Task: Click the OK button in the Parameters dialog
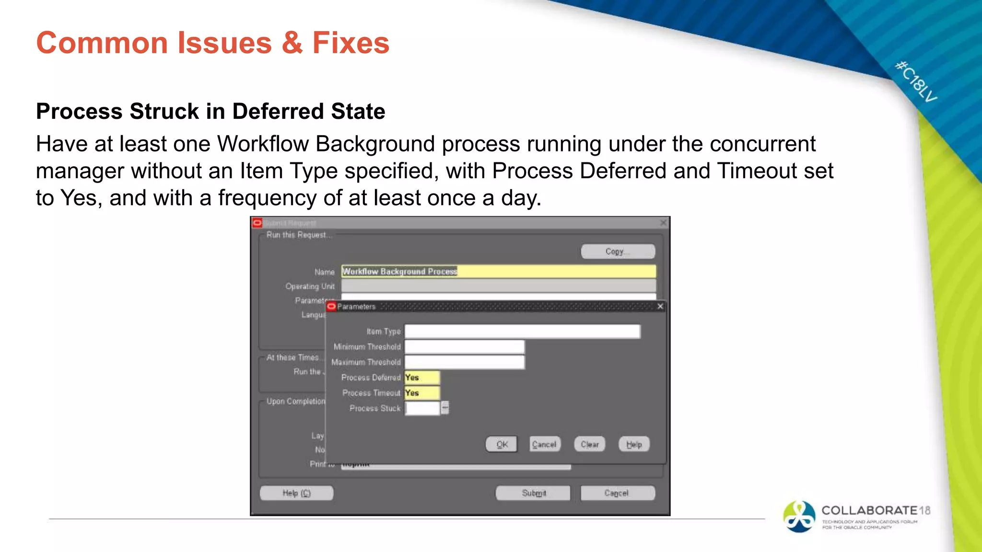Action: [502, 444]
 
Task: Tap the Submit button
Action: [533, 493]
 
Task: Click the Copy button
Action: [618, 252]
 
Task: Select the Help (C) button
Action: [296, 493]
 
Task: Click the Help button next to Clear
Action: [634, 444]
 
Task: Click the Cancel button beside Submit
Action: [617, 493]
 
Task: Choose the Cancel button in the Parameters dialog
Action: [544, 444]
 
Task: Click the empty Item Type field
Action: [522, 331]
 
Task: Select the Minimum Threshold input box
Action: [464, 346]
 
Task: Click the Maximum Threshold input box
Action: [464, 362]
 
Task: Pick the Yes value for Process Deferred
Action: [421, 378]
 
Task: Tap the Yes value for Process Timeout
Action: [421, 393]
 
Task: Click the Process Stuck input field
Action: [422, 408]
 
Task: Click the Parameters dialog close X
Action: [660, 306]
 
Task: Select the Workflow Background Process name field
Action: [498, 271]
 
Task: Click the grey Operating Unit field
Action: [498, 286]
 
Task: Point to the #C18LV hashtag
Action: [916, 81]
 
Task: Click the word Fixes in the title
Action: [351, 43]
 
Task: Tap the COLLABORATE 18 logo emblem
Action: [799, 516]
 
